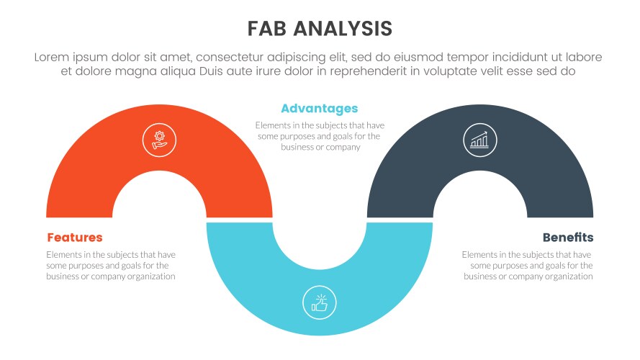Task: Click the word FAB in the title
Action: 269,28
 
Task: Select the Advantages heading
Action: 319,109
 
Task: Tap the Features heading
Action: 75,238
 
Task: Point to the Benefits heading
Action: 568,238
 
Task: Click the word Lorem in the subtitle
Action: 54,57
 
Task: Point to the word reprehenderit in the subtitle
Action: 382,71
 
